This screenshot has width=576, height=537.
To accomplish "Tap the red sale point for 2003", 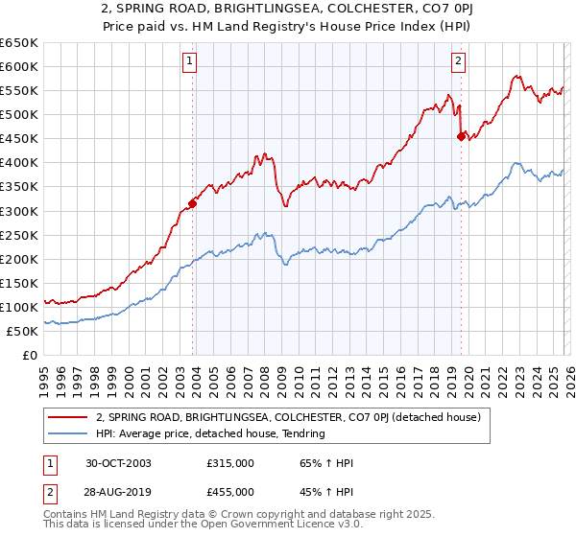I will [193, 203].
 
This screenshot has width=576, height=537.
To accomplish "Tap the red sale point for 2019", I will [462, 136].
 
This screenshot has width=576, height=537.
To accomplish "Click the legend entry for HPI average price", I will [210, 433].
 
